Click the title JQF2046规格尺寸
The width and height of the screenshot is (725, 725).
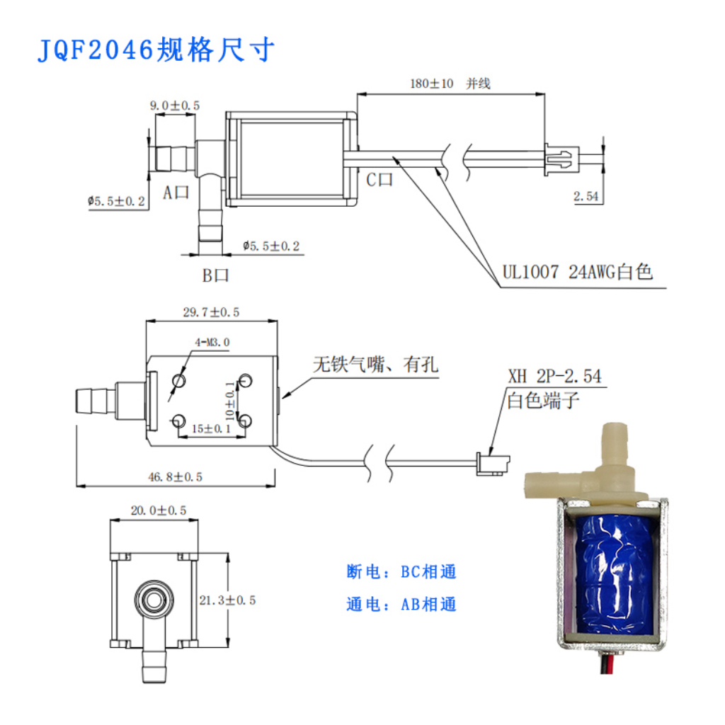tap(155, 50)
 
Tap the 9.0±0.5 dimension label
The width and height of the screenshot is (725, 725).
tap(174, 105)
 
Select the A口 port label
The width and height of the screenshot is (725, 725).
tap(176, 193)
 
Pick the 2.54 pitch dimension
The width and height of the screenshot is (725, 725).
tap(587, 197)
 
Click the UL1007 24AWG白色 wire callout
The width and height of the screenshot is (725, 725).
tap(577, 272)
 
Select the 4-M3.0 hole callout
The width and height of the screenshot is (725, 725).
tap(212, 343)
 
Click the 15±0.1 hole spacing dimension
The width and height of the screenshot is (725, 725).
tap(211, 429)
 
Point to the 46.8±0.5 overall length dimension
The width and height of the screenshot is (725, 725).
tap(175, 477)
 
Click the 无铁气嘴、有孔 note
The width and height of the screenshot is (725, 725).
tap(375, 365)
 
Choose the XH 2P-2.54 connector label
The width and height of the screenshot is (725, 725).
tap(554, 377)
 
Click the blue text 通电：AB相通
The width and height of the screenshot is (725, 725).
tap(401, 604)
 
